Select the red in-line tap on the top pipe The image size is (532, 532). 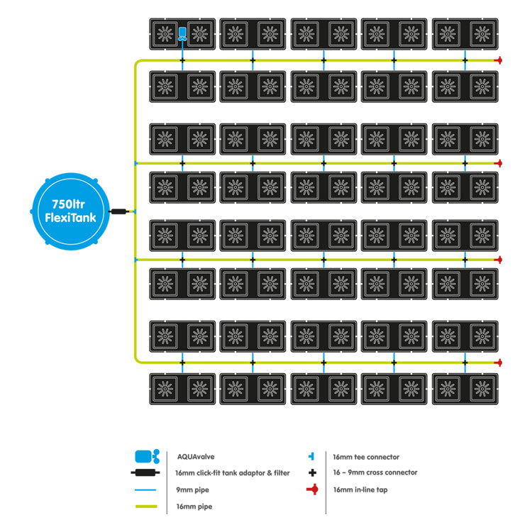pos(499,60)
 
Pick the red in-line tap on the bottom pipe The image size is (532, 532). pos(499,362)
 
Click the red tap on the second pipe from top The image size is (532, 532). pos(499,162)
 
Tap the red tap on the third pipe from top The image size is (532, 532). pos(499,260)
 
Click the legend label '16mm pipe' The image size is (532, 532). pos(194,506)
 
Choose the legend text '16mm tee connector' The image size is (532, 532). pos(365,458)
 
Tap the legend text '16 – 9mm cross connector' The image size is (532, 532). pos(375,472)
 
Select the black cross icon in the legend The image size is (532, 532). pos(311,472)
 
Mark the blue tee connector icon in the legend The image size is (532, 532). pos(311,457)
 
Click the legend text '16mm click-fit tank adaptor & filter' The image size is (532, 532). pos(233,473)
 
